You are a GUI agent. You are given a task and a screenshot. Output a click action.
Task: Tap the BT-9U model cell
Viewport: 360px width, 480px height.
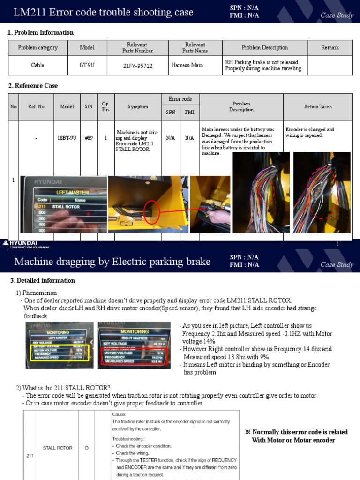pyautogui.click(x=87, y=65)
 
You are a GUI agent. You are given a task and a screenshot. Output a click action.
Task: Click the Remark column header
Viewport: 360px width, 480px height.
pyautogui.click(x=330, y=48)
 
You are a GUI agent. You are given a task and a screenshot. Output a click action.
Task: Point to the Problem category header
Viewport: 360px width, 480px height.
pyautogui.click(x=37, y=48)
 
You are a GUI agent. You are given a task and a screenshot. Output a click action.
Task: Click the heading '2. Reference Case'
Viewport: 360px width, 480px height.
pyautogui.click(x=33, y=86)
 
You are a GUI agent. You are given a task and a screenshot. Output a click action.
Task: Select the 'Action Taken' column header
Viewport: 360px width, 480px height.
pyautogui.click(x=318, y=107)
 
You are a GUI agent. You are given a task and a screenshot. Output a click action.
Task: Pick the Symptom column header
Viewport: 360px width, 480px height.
pyautogui.click(x=138, y=107)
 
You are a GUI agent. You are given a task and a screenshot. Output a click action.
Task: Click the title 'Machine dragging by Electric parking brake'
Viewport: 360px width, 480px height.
pyautogui.click(x=112, y=262)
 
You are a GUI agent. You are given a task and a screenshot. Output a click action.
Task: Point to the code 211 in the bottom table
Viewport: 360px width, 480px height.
pyautogui.click(x=28, y=455)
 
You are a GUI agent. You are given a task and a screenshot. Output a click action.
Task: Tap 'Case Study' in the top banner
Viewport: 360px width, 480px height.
pyautogui.click(x=337, y=15)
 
